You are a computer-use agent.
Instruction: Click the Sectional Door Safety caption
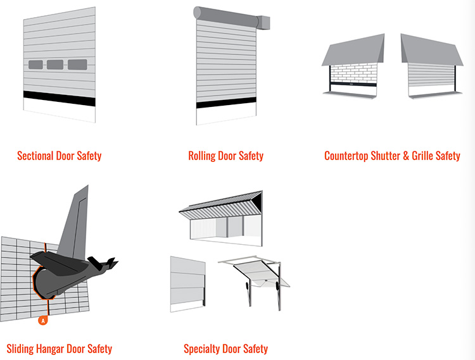tap(60, 156)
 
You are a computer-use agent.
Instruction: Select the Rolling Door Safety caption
tap(225, 156)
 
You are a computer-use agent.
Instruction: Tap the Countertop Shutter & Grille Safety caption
tap(392, 156)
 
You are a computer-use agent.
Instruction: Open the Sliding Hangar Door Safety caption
tap(60, 349)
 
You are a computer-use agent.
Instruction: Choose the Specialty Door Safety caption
tap(225, 349)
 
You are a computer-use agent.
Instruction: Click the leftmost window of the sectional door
tap(35, 65)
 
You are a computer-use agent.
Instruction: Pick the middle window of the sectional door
tap(55, 65)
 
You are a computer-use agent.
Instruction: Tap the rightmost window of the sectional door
tap(77, 65)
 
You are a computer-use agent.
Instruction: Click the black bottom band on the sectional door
tap(60, 98)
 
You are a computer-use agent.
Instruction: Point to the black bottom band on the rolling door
tap(226, 103)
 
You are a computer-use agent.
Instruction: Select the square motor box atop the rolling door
tap(263, 23)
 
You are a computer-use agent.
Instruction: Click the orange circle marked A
tap(43, 320)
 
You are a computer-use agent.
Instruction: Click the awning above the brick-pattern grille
tap(353, 50)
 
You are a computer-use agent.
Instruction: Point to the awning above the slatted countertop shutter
tap(432, 50)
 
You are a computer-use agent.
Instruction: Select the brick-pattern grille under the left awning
tap(354, 73)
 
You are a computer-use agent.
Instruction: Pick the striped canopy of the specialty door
tap(221, 206)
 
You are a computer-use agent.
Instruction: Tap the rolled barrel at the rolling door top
tap(225, 17)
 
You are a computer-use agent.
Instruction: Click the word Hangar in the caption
tap(50, 349)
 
